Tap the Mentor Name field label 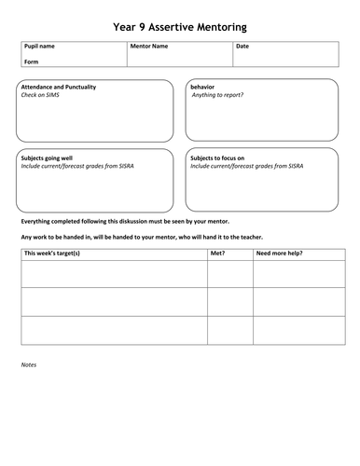(149, 46)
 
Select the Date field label (242, 46)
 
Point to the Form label (30, 62)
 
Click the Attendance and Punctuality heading (58, 87)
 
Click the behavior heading (202, 87)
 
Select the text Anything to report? (217, 95)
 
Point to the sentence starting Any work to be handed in (142, 237)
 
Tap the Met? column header (218, 253)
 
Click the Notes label (29, 364)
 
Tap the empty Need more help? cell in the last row (296, 331)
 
